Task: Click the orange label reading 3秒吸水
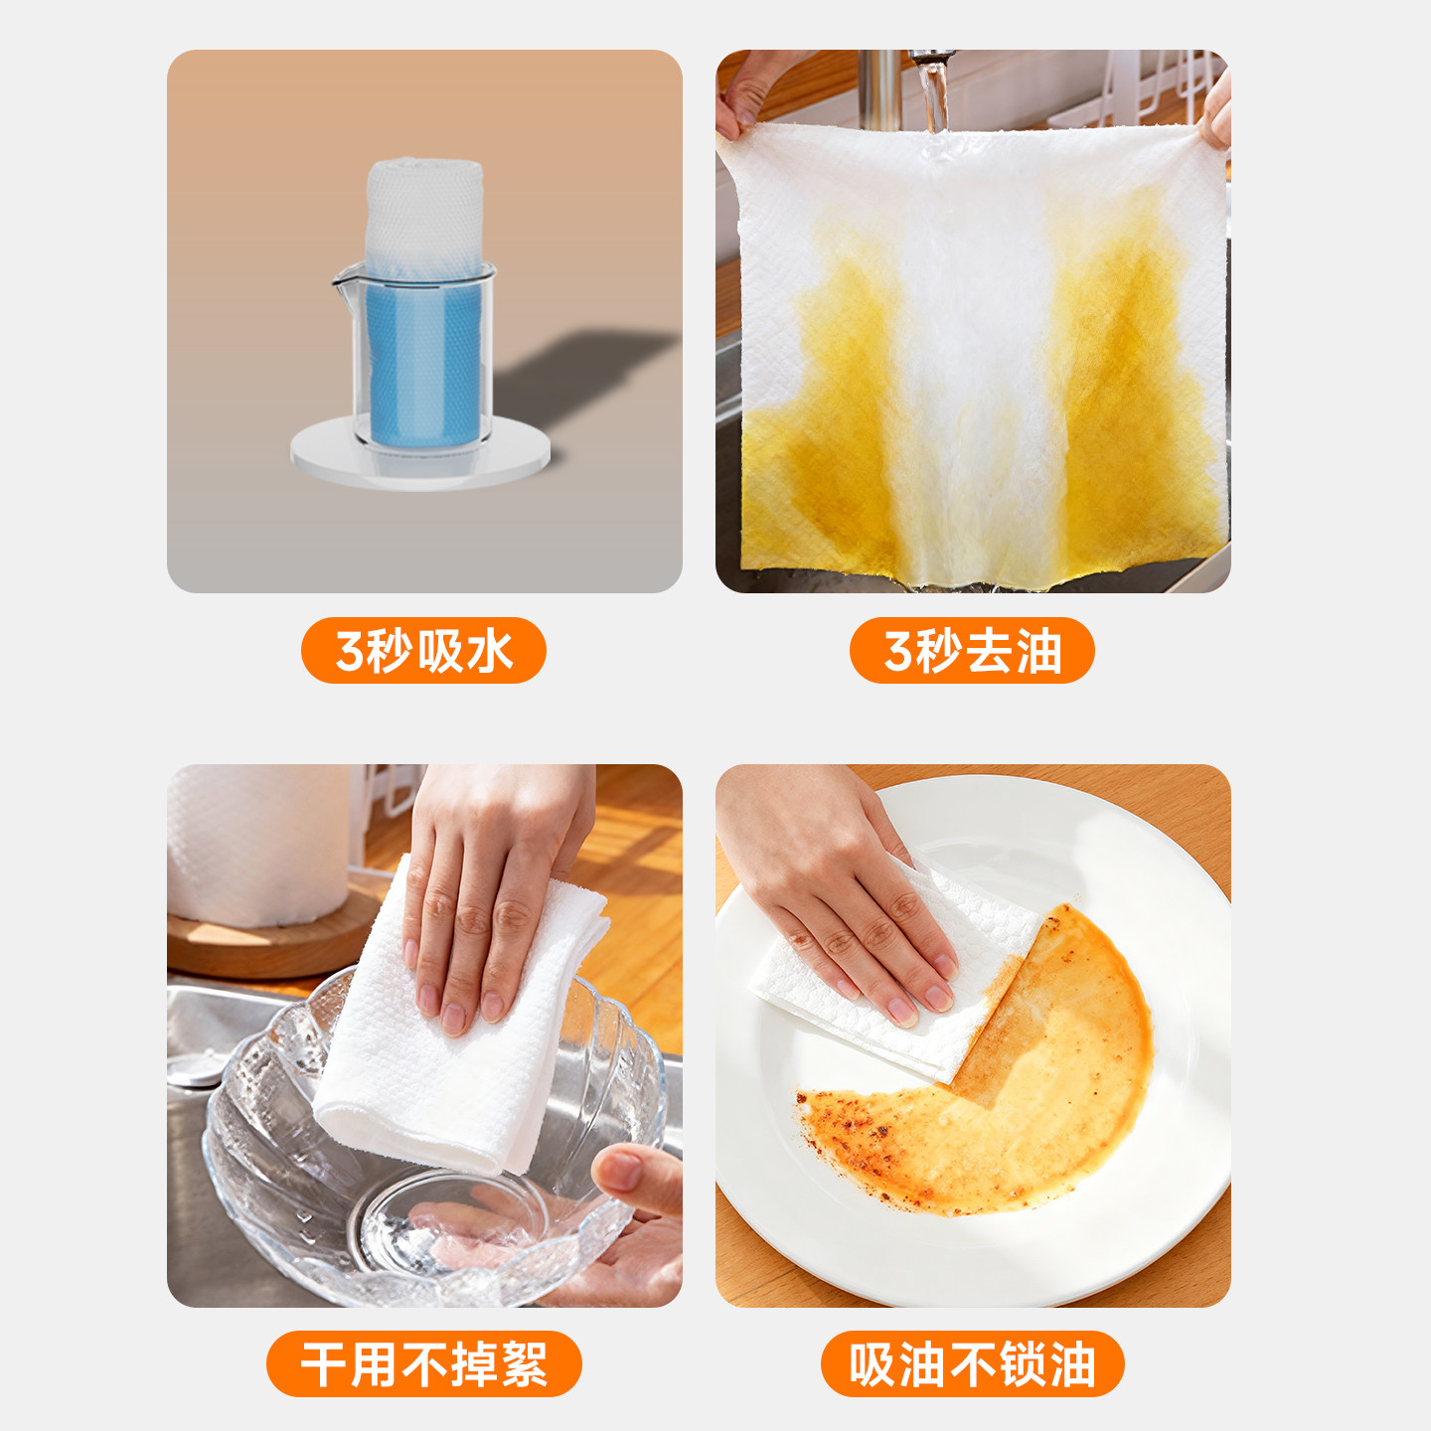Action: pyautogui.click(x=423, y=651)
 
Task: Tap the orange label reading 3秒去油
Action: pyautogui.click(x=972, y=651)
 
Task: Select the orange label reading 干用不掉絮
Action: pyautogui.click(x=423, y=1363)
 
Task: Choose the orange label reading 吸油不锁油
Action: pyautogui.click(x=972, y=1363)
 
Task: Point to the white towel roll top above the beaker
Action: pyautogui.click(x=424, y=204)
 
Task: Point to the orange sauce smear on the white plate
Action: pyautogui.click(x=1043, y=1093)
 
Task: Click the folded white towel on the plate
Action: pyautogui.click(x=894, y=1004)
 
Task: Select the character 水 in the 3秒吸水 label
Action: pyautogui.click(x=490, y=652)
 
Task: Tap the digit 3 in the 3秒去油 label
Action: pyautogui.click(x=897, y=652)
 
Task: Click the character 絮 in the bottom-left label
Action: pyautogui.click(x=524, y=1364)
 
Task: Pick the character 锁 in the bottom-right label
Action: pyautogui.click(x=1023, y=1364)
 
